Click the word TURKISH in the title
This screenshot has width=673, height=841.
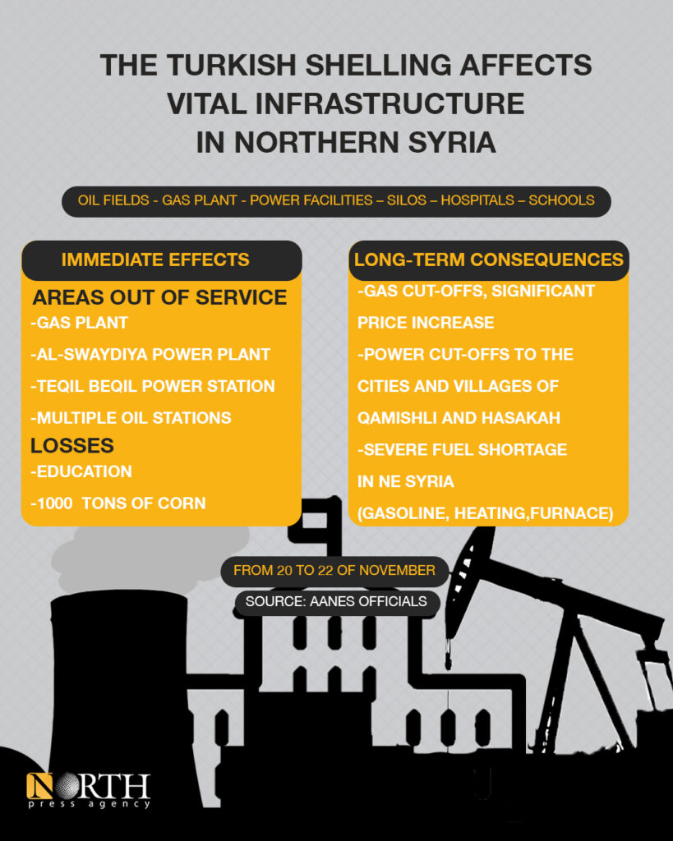click(x=231, y=66)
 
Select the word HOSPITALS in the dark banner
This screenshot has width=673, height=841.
click(x=477, y=200)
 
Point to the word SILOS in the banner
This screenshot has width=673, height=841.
click(x=407, y=200)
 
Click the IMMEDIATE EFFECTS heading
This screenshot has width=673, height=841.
click(x=155, y=260)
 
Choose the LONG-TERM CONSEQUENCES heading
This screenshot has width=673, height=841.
click(x=488, y=260)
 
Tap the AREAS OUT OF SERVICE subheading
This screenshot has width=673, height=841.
click(x=159, y=297)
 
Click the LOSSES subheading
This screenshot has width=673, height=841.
click(x=72, y=446)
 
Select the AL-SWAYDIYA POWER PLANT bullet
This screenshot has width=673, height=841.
click(x=150, y=355)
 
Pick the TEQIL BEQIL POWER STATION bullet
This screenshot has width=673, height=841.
click(x=152, y=386)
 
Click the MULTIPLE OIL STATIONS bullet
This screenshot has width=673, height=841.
click(x=131, y=418)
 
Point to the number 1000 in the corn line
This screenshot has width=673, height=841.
click(x=54, y=503)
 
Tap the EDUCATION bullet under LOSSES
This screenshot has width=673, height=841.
click(x=81, y=472)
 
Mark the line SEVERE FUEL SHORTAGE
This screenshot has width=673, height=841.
click(x=462, y=449)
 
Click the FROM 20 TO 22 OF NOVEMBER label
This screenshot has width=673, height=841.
click(x=334, y=570)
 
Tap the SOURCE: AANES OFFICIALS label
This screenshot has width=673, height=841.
click(x=337, y=601)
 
